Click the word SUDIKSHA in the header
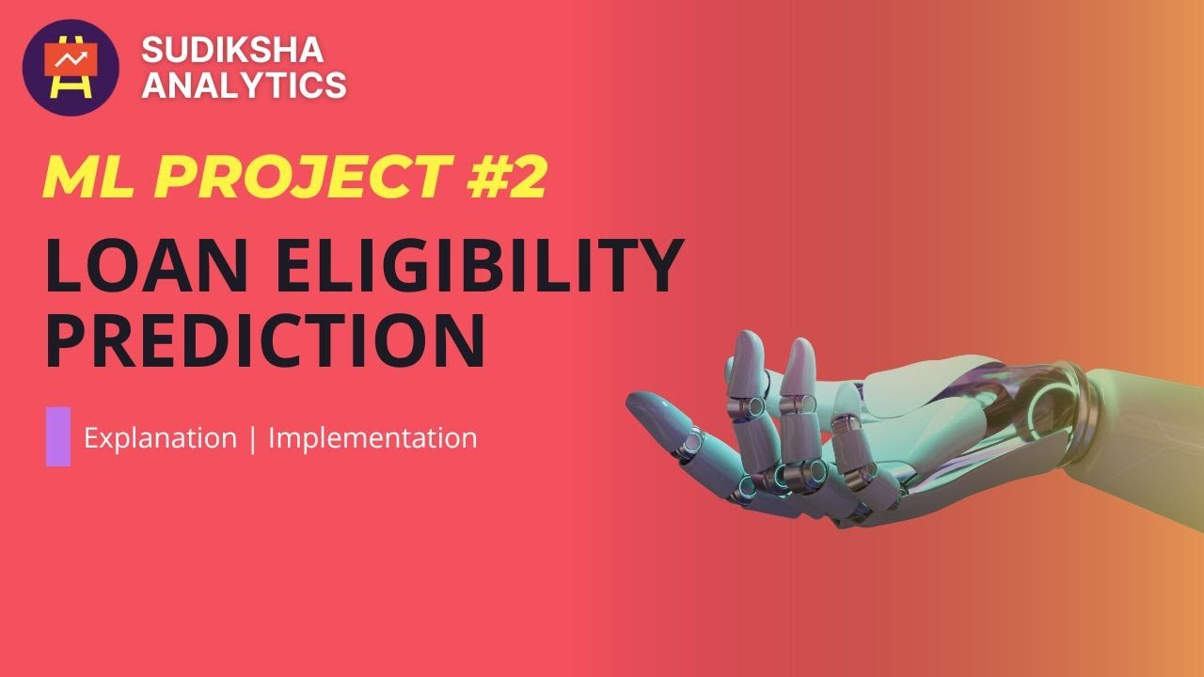point(230,51)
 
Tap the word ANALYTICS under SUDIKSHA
point(244,86)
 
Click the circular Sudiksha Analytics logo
point(71,68)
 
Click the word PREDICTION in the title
point(265,342)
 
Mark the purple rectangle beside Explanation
point(58,435)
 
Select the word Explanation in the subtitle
point(160,438)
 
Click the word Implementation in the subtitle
point(372,438)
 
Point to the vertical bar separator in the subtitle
point(252,439)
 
